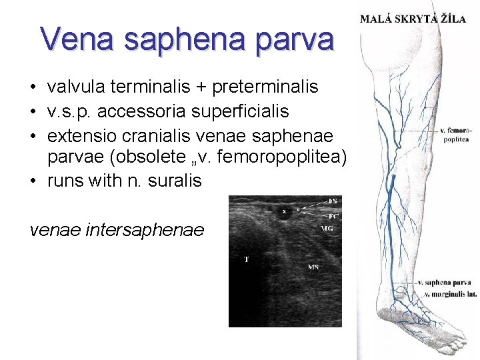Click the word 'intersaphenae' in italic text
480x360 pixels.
(x=146, y=230)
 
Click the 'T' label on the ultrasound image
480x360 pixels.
(x=245, y=259)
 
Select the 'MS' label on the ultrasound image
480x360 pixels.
(x=313, y=267)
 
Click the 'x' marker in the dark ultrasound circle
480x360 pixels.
(x=283, y=212)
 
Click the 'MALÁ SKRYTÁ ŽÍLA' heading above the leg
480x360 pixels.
(x=413, y=19)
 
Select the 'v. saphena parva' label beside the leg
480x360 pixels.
(x=445, y=283)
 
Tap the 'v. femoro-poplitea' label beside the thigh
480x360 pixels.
(x=456, y=134)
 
